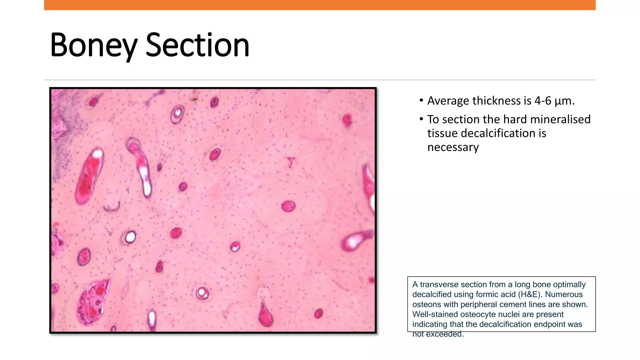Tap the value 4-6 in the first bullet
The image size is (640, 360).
pyautogui.click(x=543, y=101)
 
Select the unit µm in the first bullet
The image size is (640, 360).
pyautogui.click(x=564, y=101)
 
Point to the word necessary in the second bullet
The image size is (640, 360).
pyautogui.click(x=453, y=147)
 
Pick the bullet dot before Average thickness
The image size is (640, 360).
pyautogui.click(x=421, y=101)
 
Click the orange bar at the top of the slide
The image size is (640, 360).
pyautogui.click(x=320, y=5)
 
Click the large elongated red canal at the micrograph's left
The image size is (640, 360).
pyautogui.click(x=89, y=177)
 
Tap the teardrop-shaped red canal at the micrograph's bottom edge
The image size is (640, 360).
pyautogui.click(x=265, y=315)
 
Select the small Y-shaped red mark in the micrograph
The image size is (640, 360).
pyautogui.click(x=291, y=162)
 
